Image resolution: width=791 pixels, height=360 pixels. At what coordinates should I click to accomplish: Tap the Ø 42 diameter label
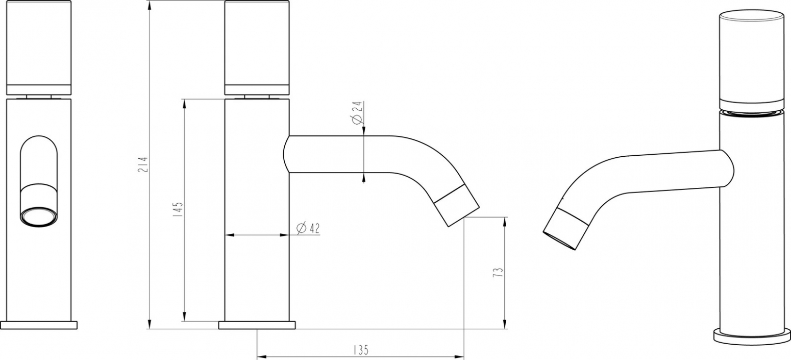(308, 228)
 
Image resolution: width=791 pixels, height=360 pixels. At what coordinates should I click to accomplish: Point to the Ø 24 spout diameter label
(357, 113)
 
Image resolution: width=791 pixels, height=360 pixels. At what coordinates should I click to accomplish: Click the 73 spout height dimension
(498, 272)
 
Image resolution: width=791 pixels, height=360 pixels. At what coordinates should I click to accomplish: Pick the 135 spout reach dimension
(360, 350)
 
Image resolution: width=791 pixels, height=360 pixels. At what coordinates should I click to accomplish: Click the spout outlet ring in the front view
(39, 217)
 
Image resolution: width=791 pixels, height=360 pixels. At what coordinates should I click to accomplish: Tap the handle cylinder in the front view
(39, 47)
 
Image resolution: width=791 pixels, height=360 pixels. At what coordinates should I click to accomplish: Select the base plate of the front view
(39, 325)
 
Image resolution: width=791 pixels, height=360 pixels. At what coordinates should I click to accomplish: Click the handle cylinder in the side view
(257, 47)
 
